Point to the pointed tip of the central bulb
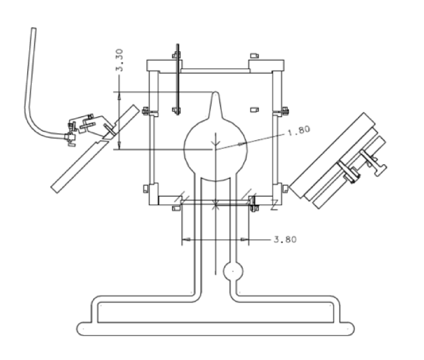click(x=215, y=94)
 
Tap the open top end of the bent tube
click(x=33, y=30)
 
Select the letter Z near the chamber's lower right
click(x=274, y=206)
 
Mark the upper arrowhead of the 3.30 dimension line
click(x=119, y=95)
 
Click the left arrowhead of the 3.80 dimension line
click(x=186, y=240)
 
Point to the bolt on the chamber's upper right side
click(x=284, y=112)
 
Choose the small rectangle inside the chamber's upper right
click(x=254, y=109)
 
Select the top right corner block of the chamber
click(x=266, y=65)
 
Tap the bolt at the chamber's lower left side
click(x=145, y=189)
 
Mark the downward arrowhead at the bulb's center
click(x=215, y=144)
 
